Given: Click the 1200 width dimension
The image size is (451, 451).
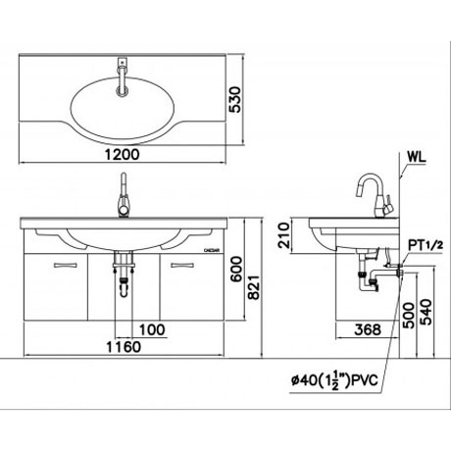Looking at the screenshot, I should pyautogui.click(x=126, y=154).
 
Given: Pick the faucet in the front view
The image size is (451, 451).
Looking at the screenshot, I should pyautogui.click(x=125, y=197).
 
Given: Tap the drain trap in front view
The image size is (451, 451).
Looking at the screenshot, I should pyautogui.click(x=125, y=279).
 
